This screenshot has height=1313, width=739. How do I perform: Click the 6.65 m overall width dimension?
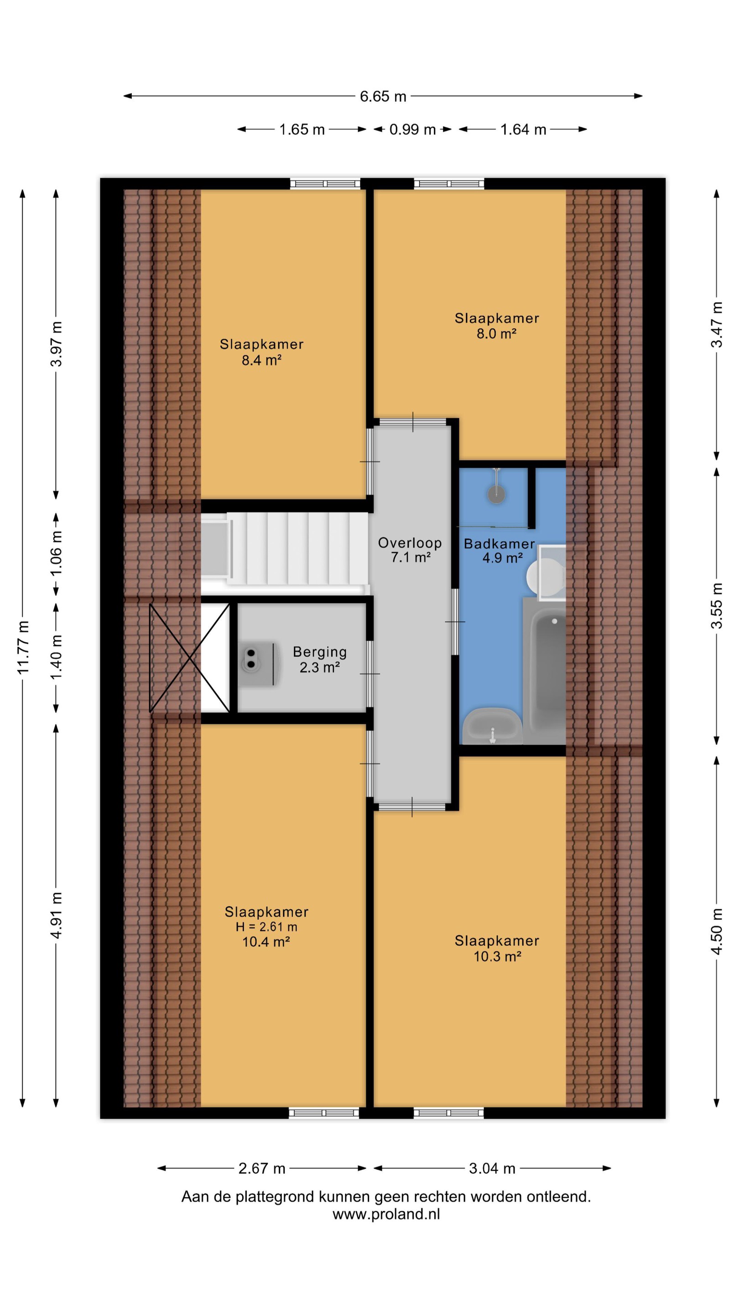[x=383, y=96]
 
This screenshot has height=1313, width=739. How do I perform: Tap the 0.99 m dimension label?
[x=412, y=129]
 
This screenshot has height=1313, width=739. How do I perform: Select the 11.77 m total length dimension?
[x=23, y=647]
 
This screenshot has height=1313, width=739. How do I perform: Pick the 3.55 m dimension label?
[x=717, y=605]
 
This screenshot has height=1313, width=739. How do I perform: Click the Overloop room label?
[x=410, y=543]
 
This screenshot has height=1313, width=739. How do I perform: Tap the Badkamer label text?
[x=500, y=544]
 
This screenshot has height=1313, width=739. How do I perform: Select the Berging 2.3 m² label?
[x=320, y=660]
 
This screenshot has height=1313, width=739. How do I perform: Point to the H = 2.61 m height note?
[x=266, y=927]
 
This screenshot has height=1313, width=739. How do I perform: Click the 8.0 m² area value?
[x=497, y=334]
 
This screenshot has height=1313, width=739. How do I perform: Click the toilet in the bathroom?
[x=546, y=573]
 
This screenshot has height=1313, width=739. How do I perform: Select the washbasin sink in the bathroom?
[x=492, y=726]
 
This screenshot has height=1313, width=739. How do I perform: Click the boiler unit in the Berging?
[x=259, y=664]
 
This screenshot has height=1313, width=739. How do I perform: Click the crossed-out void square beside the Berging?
[x=189, y=658]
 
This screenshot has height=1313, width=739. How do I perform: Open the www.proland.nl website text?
[x=386, y=1214]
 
